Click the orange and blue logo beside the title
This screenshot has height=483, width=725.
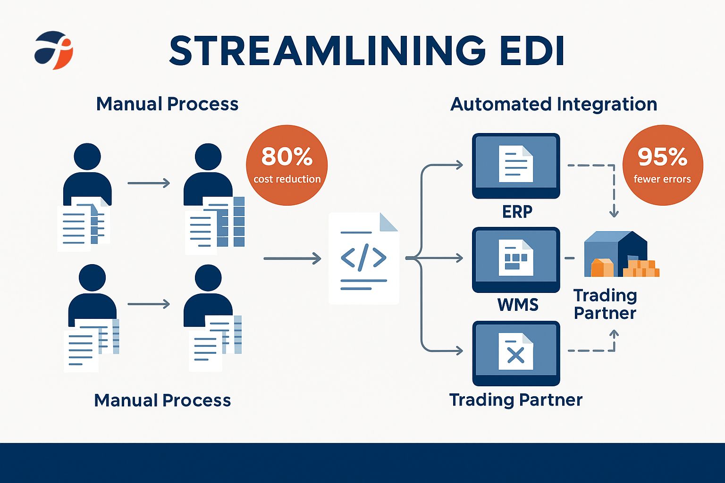[53, 50]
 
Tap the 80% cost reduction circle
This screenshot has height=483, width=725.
[287, 165]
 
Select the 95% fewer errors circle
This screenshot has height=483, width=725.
[662, 165]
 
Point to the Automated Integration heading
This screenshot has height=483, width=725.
[554, 104]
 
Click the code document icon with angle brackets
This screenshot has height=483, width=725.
[363, 258]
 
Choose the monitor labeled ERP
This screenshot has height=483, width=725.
[516, 166]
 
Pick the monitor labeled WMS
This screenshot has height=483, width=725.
[516, 260]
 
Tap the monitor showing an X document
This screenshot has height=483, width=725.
[516, 353]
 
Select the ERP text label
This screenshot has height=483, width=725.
[517, 212]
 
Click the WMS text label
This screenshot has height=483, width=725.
[518, 305]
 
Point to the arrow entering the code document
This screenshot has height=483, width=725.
[293, 258]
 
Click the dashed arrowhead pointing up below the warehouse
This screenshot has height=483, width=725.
[614, 334]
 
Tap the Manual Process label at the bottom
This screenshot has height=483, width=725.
[162, 400]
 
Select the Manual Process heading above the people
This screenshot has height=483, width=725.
[167, 104]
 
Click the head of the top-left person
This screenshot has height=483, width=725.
[87, 157]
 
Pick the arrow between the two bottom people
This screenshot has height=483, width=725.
[148, 304]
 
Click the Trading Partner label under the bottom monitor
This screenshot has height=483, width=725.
[516, 400]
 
